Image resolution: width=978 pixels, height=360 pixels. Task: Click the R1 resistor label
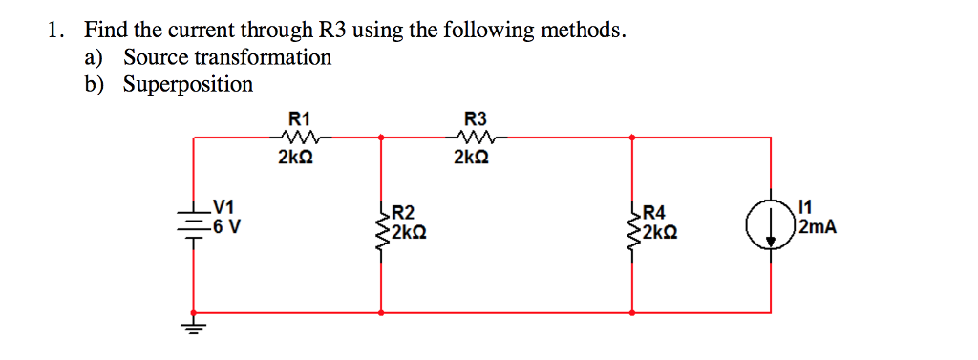coord(299,119)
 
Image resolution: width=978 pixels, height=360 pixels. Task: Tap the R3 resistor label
coord(476,119)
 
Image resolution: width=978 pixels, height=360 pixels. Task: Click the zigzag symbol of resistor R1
coord(299,138)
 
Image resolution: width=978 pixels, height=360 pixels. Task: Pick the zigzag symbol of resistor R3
coord(475,138)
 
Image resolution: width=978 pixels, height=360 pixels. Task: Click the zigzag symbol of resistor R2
coord(382,226)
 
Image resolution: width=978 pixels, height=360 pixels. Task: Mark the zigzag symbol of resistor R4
coord(634,226)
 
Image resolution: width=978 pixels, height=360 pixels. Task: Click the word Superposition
coord(188,85)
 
